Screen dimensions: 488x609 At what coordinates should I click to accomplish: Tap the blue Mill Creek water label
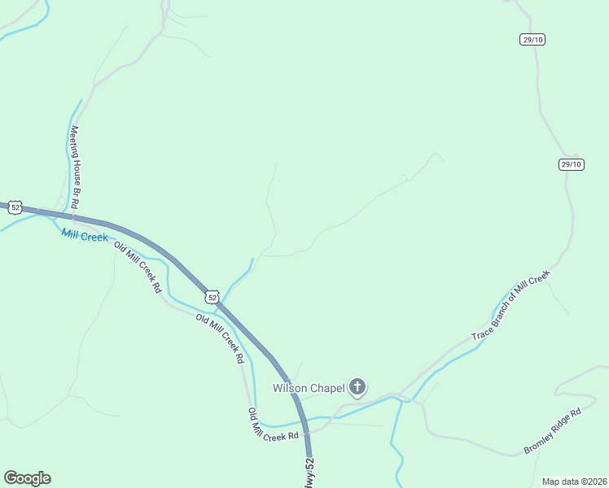tap(85, 236)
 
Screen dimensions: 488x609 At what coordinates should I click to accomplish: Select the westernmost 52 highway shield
tap(15, 207)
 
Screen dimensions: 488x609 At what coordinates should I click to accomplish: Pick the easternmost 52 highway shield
tap(212, 297)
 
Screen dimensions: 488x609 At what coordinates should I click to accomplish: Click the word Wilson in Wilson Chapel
tap(288, 387)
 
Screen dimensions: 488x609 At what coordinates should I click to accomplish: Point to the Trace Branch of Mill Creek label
tap(510, 306)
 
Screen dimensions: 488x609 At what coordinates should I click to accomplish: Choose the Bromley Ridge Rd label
tap(553, 432)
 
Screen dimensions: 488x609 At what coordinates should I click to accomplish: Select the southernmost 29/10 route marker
tap(572, 164)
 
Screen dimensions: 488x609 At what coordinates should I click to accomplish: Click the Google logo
tap(27, 478)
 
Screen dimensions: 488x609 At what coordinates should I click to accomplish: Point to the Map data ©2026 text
tap(574, 481)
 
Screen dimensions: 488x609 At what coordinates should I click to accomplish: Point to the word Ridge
tap(559, 428)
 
